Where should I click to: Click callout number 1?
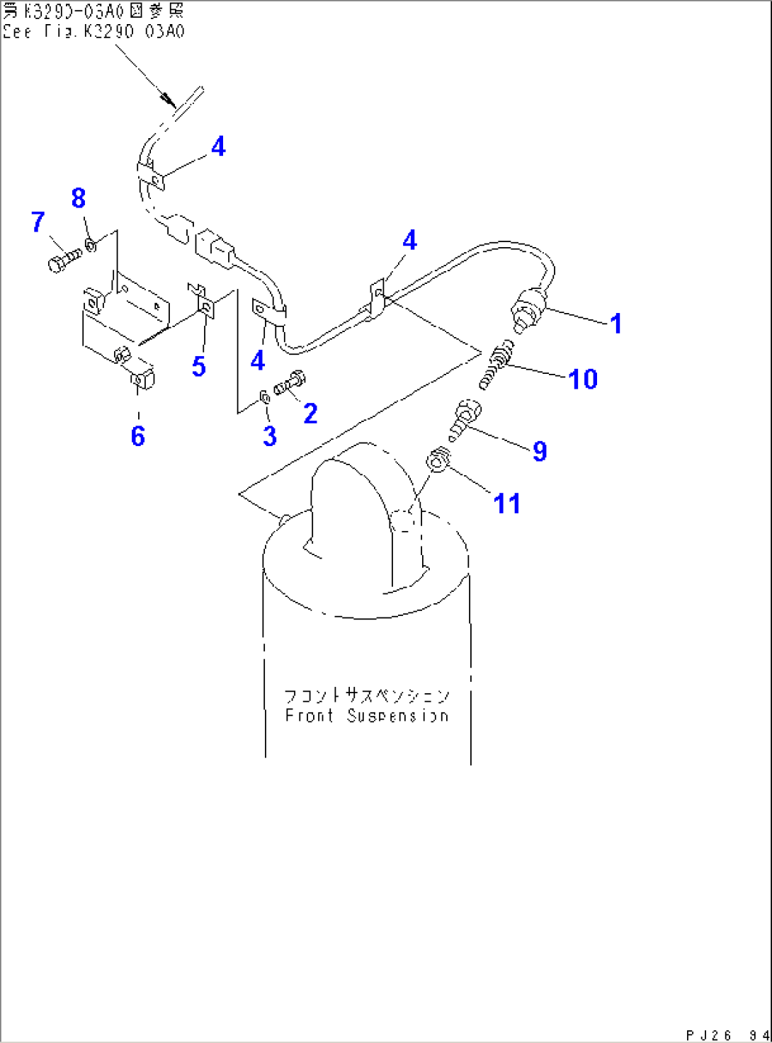(x=615, y=324)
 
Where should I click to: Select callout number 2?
(x=310, y=414)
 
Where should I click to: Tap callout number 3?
(x=269, y=435)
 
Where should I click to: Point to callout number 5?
(x=198, y=367)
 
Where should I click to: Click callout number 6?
(x=138, y=436)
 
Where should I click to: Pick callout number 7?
(x=38, y=222)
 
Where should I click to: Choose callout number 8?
(x=79, y=198)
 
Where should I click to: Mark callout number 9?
(x=540, y=451)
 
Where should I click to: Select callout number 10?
(x=583, y=380)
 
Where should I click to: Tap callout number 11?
(x=506, y=504)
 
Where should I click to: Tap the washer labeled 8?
(x=91, y=245)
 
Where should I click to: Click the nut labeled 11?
(x=438, y=462)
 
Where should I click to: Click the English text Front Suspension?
(x=366, y=715)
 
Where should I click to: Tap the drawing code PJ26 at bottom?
(x=708, y=1035)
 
